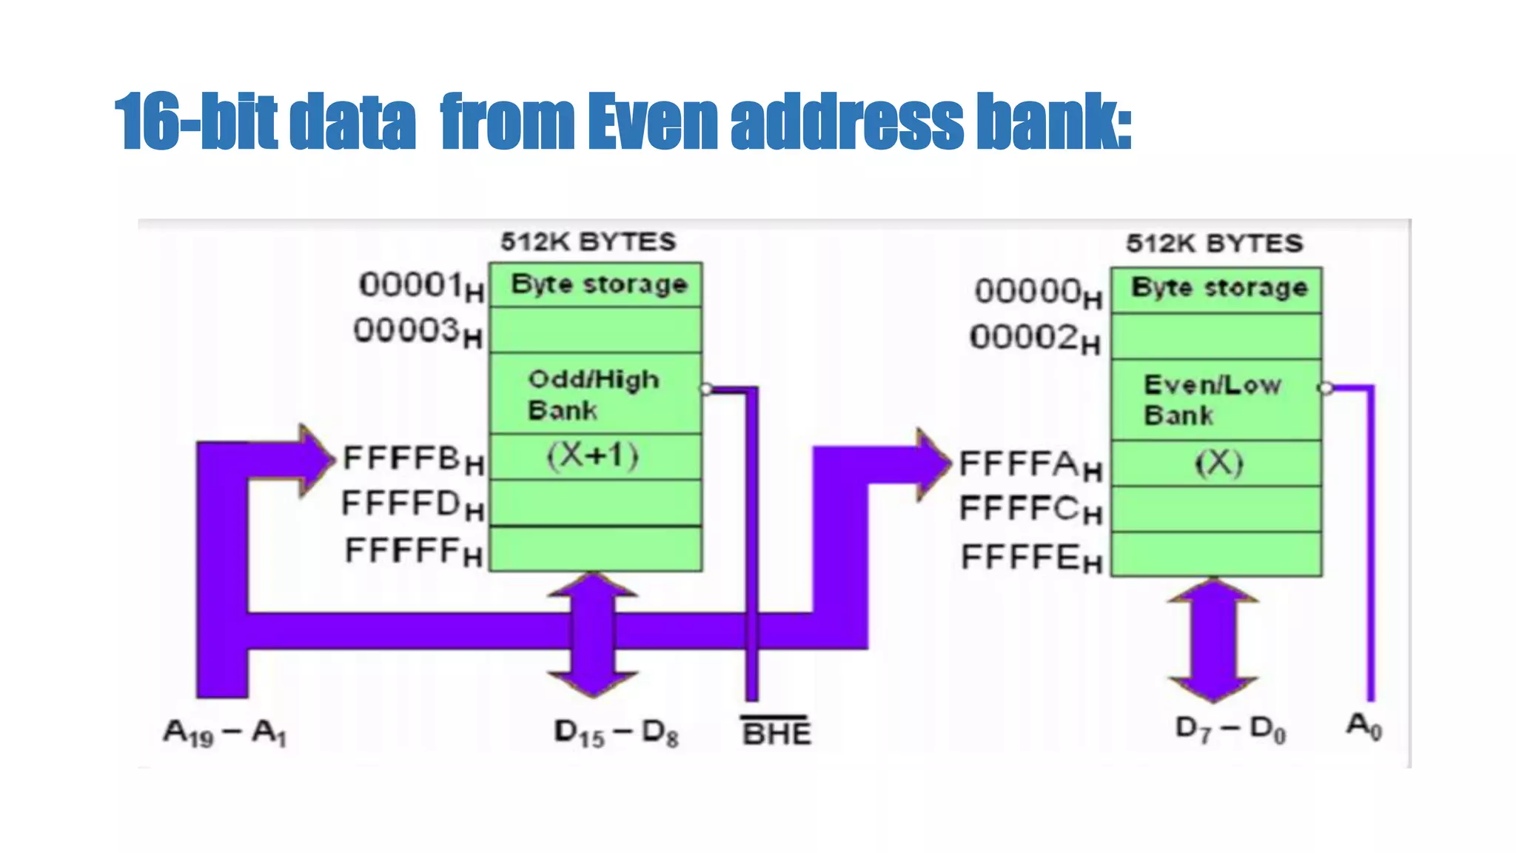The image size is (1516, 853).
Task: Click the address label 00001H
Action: (x=421, y=286)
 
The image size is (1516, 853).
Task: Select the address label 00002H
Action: (x=1035, y=338)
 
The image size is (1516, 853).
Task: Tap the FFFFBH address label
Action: (x=413, y=459)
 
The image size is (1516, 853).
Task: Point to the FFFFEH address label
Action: (x=1031, y=558)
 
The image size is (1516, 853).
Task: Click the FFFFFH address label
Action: (x=414, y=552)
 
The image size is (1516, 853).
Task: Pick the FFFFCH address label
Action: (x=1030, y=510)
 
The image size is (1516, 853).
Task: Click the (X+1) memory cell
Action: (x=594, y=456)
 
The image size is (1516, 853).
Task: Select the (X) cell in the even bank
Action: (x=1218, y=464)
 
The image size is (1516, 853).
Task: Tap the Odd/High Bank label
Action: (x=592, y=394)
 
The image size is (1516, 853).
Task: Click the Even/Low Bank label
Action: (x=1211, y=399)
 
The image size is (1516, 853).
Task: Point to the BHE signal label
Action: (x=777, y=732)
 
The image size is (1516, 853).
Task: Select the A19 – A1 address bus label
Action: (x=224, y=733)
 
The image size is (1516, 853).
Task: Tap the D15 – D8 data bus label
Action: (x=616, y=733)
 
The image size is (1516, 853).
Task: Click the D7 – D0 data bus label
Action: (x=1230, y=729)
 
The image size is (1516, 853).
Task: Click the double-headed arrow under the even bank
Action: (x=1213, y=640)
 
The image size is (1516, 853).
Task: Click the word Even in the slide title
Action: (x=652, y=121)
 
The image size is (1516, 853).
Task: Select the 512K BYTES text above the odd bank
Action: (x=588, y=241)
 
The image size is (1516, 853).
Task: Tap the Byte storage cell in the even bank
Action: (x=1218, y=288)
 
